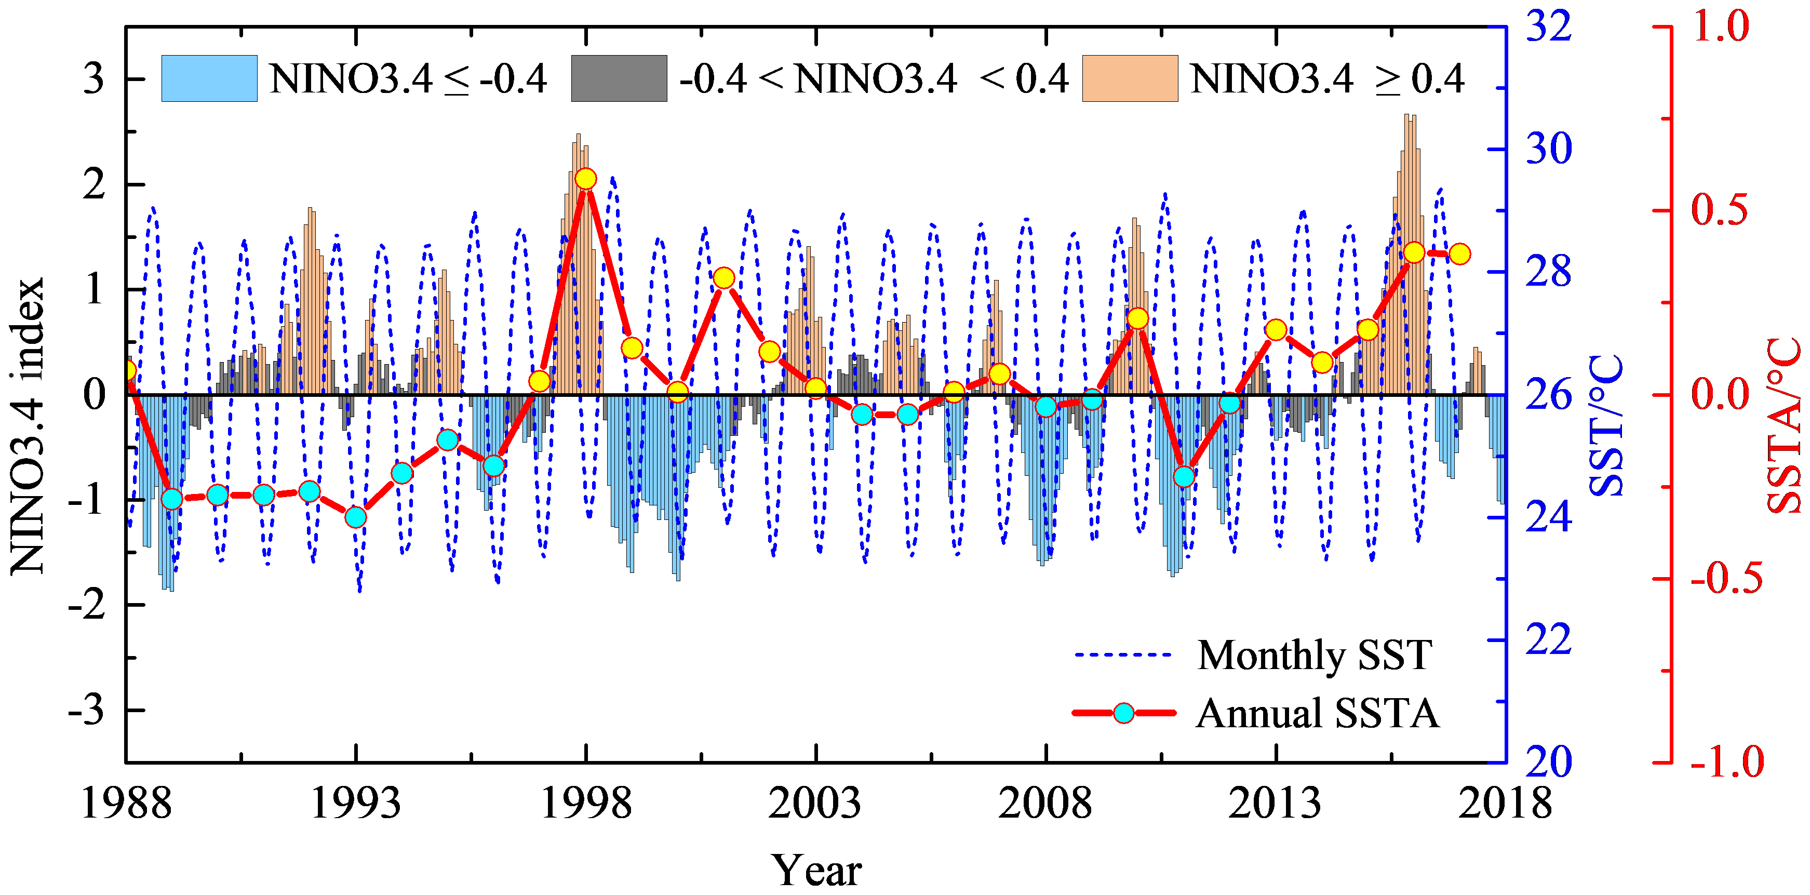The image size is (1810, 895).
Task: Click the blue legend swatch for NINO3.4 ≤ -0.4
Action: (x=209, y=78)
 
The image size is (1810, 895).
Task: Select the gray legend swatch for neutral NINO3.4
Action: (x=619, y=78)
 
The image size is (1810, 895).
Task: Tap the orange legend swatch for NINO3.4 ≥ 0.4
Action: (x=1130, y=78)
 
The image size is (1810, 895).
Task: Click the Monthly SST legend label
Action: (x=1314, y=656)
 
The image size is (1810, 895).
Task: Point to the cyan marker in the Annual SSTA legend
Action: (x=1123, y=714)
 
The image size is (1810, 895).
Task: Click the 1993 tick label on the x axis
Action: (x=356, y=803)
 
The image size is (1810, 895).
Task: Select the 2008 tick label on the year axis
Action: (x=1045, y=803)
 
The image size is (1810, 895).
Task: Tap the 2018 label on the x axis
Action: (x=1505, y=803)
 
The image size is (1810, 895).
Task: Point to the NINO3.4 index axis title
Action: (x=28, y=426)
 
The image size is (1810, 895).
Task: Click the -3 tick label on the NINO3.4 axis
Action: (x=86, y=710)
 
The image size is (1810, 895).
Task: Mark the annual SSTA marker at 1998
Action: (x=585, y=179)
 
